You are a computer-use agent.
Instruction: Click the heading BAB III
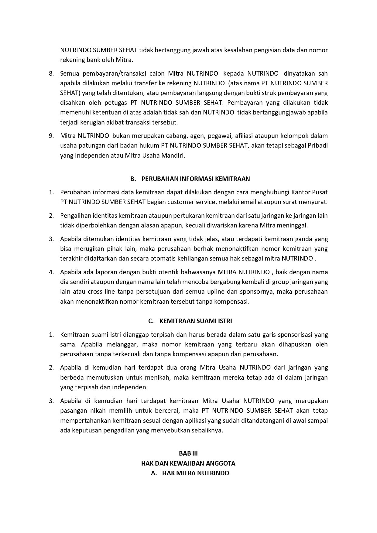point(188,453)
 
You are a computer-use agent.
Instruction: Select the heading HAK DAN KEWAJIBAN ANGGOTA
point(188,463)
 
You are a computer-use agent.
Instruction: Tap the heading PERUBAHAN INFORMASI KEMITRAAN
point(196,179)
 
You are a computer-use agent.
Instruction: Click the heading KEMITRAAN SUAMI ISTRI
point(196,321)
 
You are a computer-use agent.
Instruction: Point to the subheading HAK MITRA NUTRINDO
point(196,473)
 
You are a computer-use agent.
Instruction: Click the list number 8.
point(51,73)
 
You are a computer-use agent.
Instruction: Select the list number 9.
point(51,136)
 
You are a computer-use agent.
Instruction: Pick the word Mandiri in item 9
point(173,155)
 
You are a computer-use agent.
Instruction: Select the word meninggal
point(294,225)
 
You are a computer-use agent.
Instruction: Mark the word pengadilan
point(119,430)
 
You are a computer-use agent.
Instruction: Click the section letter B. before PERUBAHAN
point(133,179)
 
